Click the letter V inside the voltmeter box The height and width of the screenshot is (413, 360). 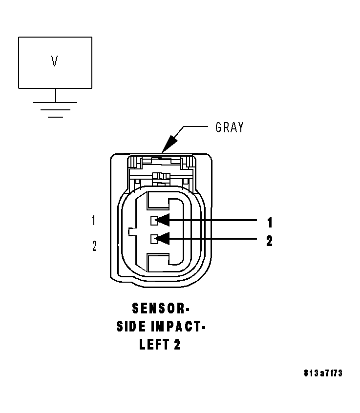(55, 61)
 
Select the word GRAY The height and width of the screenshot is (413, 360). (229, 127)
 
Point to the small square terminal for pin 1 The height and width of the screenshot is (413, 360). (154, 221)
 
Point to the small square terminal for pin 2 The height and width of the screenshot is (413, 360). (154, 239)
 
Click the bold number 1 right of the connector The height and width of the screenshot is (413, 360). (269, 223)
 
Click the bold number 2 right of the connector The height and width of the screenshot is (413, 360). (269, 241)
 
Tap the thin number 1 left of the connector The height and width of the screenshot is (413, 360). (94, 221)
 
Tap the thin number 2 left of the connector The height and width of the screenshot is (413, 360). (94, 246)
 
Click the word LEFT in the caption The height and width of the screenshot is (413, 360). (153, 345)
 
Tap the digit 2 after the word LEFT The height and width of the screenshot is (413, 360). (177, 345)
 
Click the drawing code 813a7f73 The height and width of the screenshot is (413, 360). (322, 373)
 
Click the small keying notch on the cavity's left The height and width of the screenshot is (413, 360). (129, 231)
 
